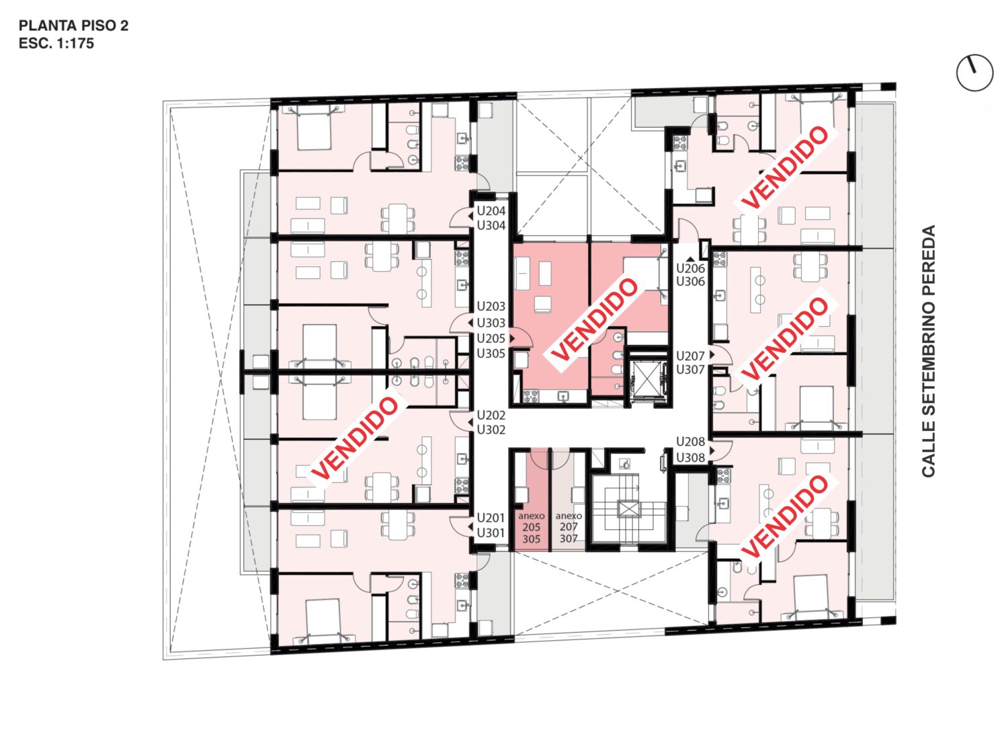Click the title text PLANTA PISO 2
(x=73, y=26)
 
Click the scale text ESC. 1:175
(x=56, y=44)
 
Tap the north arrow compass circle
(x=974, y=72)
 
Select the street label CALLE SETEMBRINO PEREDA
(x=929, y=351)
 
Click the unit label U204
(x=491, y=210)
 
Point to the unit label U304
(x=491, y=226)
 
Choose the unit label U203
(x=491, y=307)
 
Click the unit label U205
(x=491, y=338)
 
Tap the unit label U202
(x=491, y=416)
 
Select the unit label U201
(x=491, y=518)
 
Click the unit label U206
(x=691, y=268)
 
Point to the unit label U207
(x=691, y=356)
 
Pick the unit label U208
(x=691, y=442)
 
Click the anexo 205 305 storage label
(x=532, y=527)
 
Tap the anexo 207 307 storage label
(x=569, y=527)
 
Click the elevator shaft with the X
(x=647, y=379)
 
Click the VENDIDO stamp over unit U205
(x=595, y=319)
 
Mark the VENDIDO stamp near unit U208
(x=785, y=516)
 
